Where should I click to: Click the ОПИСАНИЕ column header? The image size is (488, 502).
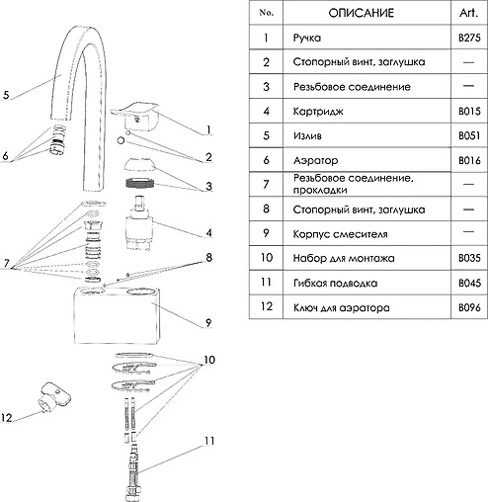click(x=361, y=13)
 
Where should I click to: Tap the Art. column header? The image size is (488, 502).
click(x=468, y=13)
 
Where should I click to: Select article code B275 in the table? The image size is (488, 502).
click(x=469, y=38)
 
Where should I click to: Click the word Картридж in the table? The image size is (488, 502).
click(x=318, y=112)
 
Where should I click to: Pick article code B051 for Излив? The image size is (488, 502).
click(x=469, y=135)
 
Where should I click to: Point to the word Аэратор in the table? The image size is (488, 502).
click(x=315, y=160)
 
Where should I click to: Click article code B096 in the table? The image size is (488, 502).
click(x=469, y=307)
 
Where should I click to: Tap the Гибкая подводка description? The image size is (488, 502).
click(x=335, y=283)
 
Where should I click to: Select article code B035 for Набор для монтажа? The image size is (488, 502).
click(x=469, y=258)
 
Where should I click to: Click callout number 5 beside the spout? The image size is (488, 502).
click(x=6, y=95)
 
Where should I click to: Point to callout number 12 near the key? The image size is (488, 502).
click(x=7, y=418)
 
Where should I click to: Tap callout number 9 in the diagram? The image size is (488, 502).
click(x=208, y=323)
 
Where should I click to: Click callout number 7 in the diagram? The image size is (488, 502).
click(x=6, y=263)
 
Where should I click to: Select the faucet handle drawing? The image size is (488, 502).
click(x=134, y=117)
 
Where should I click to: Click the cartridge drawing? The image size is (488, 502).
click(x=139, y=222)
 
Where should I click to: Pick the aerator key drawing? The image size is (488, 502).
click(x=53, y=398)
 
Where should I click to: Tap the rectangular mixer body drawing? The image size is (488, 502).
click(x=117, y=316)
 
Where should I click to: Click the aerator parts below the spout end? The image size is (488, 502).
click(x=58, y=140)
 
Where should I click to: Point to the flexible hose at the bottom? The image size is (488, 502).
click(x=133, y=473)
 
